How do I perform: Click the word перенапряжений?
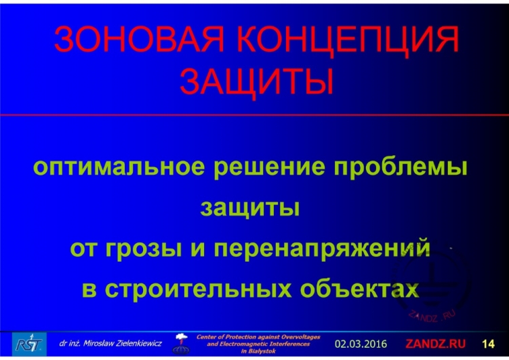point(323,248)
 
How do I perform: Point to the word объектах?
point(367,287)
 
